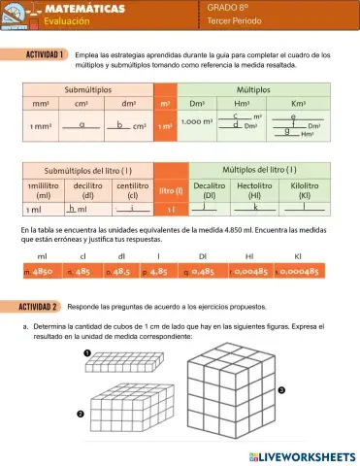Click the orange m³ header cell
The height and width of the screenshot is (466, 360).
pyautogui.click(x=166, y=103)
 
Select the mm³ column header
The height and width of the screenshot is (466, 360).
pyautogui.click(x=41, y=103)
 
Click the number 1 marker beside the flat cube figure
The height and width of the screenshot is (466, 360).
pyautogui.click(x=87, y=352)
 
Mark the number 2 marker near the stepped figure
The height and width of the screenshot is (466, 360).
pyautogui.click(x=81, y=415)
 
